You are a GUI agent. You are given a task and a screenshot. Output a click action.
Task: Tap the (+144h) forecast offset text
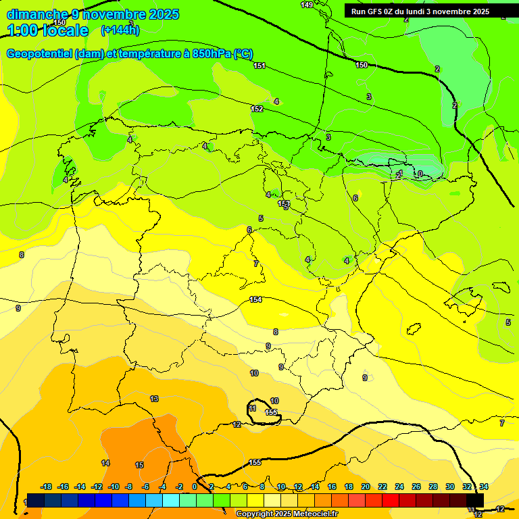(120, 30)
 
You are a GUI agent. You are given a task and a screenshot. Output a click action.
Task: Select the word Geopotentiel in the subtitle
(39, 54)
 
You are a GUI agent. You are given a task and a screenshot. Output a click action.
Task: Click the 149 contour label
(307, 5)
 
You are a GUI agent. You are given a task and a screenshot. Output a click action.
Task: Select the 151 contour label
(259, 66)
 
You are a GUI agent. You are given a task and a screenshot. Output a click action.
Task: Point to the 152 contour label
(257, 109)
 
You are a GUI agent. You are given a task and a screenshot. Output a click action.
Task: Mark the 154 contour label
(255, 299)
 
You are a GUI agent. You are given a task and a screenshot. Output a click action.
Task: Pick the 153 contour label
(284, 203)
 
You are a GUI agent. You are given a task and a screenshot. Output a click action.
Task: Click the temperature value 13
(154, 399)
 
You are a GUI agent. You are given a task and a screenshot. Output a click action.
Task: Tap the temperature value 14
(105, 463)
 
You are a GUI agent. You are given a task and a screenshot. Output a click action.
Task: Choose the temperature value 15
(139, 465)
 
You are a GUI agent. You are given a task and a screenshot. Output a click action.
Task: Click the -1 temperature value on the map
(399, 174)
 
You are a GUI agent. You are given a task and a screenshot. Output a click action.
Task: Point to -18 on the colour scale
(47, 487)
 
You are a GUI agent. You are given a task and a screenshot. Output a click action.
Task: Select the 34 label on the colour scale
(483, 487)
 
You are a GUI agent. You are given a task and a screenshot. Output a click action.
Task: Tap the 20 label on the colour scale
(366, 487)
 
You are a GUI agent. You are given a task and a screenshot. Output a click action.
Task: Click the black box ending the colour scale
(475, 499)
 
